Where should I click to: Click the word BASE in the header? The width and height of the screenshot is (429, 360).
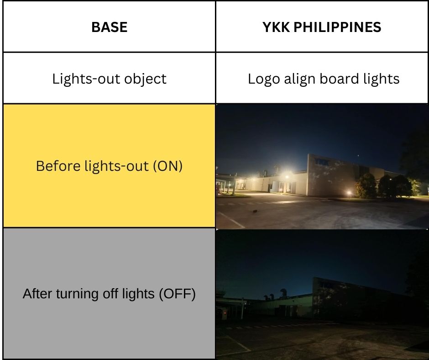[x=109, y=27]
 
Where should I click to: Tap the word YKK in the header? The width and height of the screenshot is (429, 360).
[x=276, y=27]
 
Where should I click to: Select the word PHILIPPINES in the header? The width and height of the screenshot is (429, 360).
[x=337, y=27]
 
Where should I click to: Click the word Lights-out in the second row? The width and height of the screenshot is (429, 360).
[x=86, y=79]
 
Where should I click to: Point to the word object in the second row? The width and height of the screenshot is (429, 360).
[x=145, y=79]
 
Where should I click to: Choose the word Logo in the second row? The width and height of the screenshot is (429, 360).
[x=264, y=79]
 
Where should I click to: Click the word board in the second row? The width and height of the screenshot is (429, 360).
[x=339, y=79]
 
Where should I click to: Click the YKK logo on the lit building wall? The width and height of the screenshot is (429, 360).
[x=322, y=161]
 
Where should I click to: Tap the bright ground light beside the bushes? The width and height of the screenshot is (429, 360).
[x=349, y=193]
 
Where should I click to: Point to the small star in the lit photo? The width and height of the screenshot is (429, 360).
[x=358, y=156]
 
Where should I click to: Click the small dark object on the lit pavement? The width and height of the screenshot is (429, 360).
[x=255, y=211]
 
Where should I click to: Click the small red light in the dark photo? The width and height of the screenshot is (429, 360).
[x=225, y=312]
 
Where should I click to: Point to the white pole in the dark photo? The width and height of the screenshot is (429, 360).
[x=242, y=309]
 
